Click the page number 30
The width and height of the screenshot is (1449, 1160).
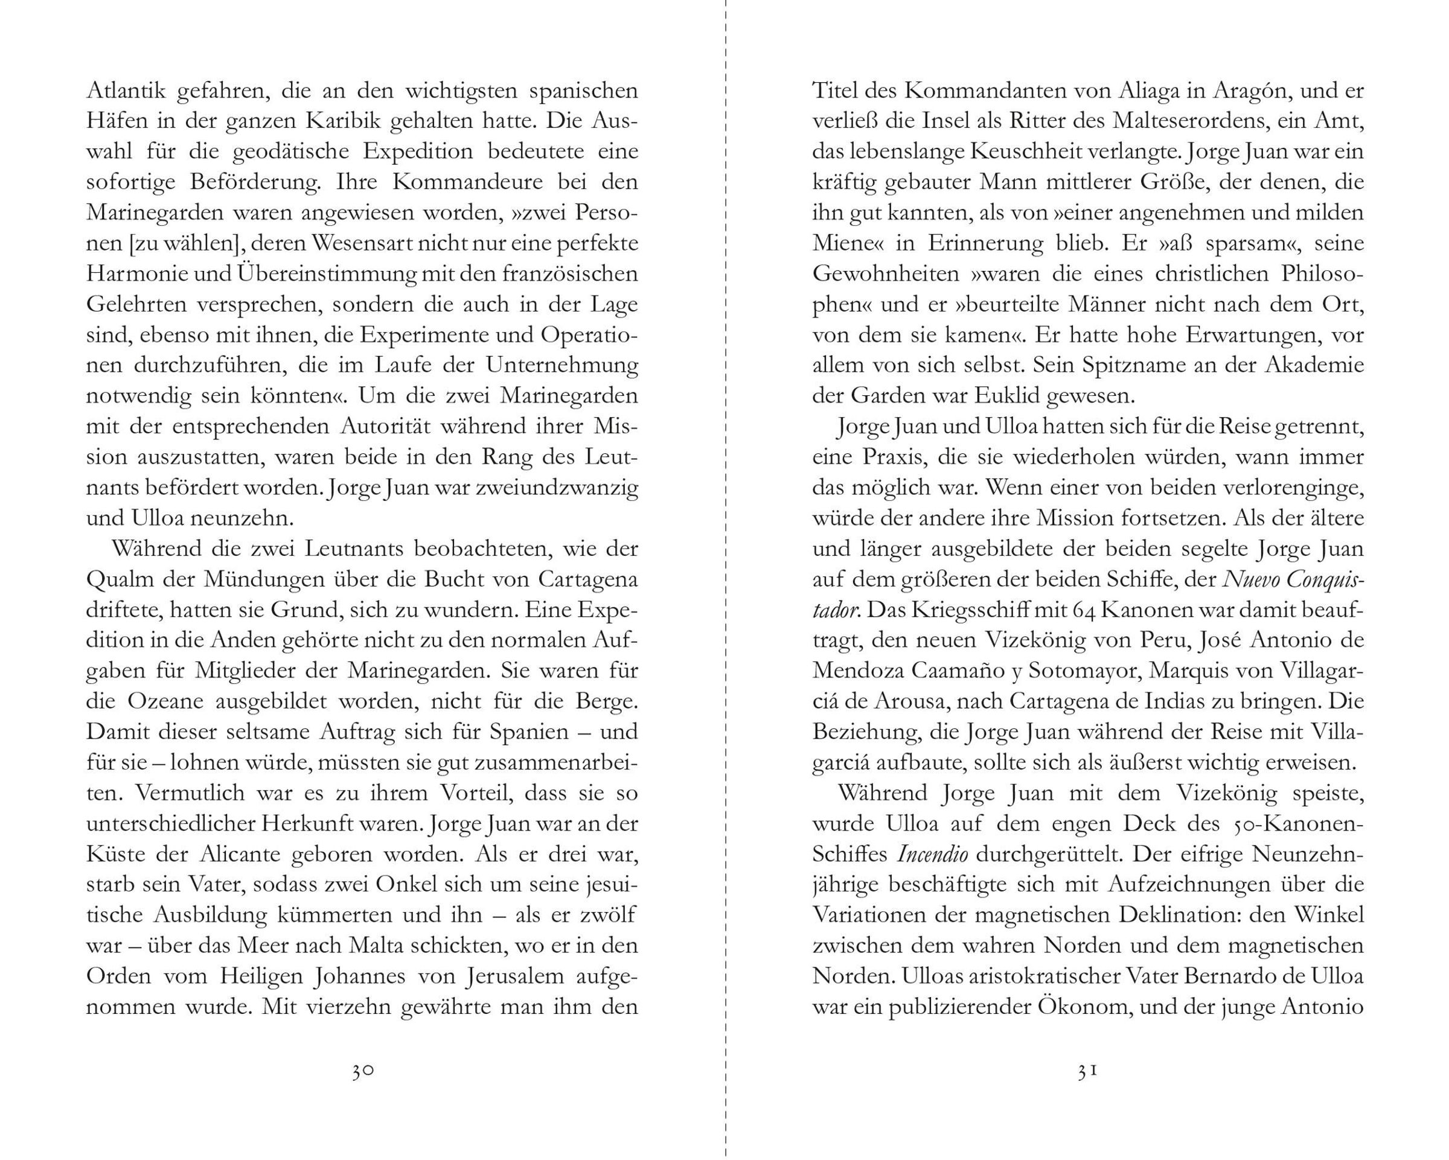point(363,1071)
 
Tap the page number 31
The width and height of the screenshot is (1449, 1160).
point(1087,1071)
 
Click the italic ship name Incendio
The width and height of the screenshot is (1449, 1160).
point(933,854)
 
